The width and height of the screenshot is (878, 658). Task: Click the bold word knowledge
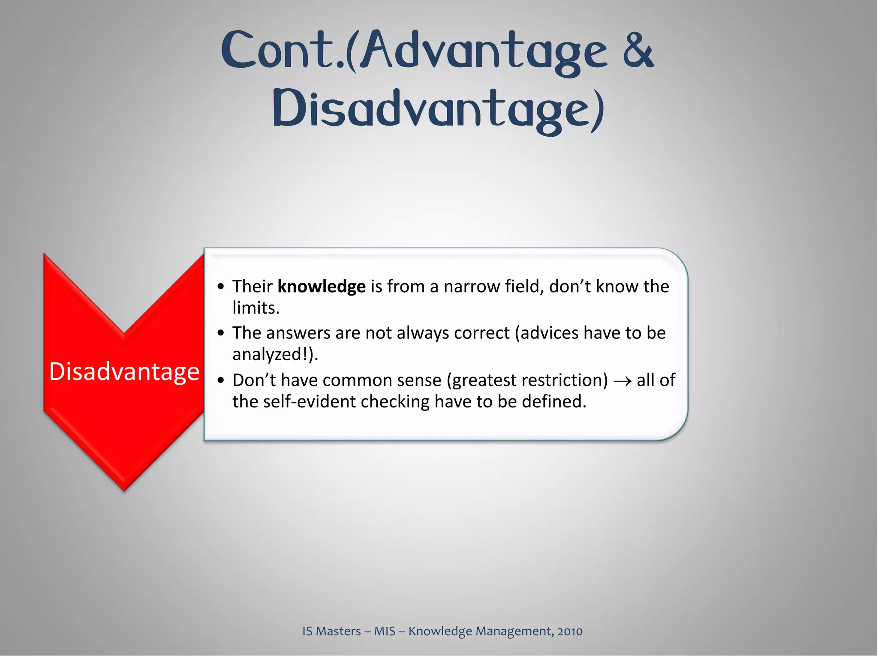click(322, 286)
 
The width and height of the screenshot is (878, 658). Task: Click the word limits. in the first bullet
click(256, 308)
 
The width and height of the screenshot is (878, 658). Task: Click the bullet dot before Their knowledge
click(221, 287)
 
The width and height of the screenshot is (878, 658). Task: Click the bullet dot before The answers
click(221, 333)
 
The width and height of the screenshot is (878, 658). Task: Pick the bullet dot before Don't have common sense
click(221, 380)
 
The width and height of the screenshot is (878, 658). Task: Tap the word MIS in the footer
click(385, 631)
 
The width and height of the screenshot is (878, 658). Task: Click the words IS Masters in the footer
click(331, 631)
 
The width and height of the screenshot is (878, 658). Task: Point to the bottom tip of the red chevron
click(124, 489)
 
